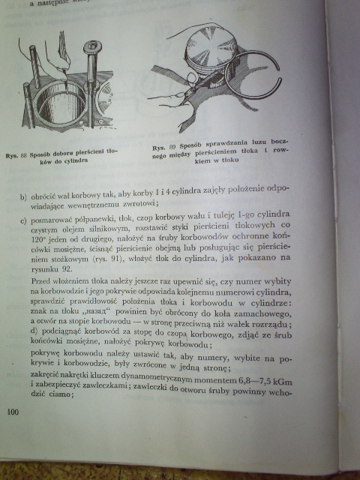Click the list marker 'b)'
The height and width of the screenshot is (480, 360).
pyautogui.click(x=25, y=196)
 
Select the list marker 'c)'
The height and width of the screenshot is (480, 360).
pyautogui.click(x=25, y=218)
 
